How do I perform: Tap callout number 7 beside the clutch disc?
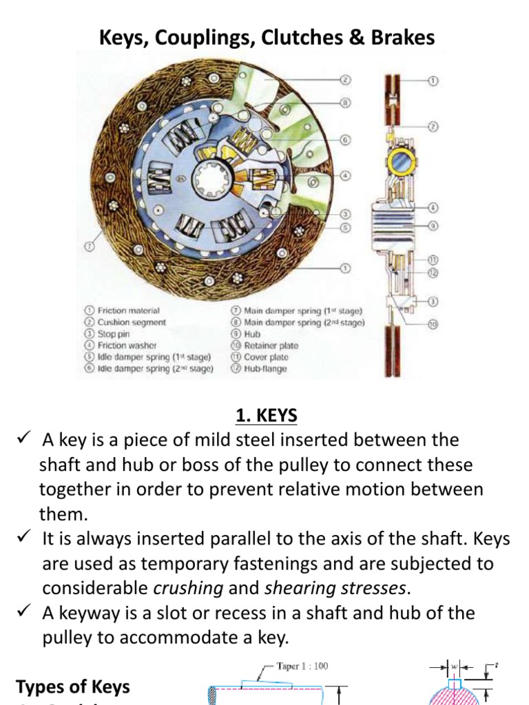coord(87,244)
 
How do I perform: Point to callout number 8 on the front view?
coord(346,103)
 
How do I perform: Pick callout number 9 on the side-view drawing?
coord(433,224)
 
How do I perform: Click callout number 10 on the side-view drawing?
coord(433,323)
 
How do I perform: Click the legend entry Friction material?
coord(128,311)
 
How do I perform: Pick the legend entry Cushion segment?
coord(132,322)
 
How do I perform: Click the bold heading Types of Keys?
coord(72,686)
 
